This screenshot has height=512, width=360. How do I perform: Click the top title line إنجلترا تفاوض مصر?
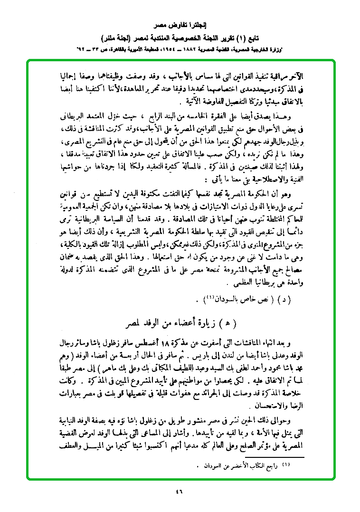coord(180,23)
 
